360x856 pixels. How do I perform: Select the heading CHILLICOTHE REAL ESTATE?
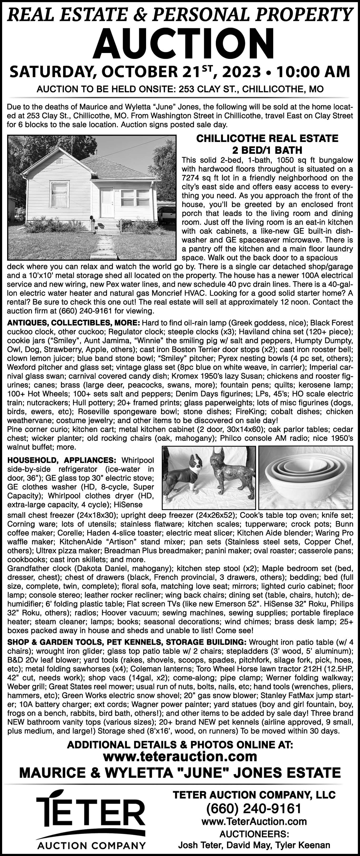coord(267,138)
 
